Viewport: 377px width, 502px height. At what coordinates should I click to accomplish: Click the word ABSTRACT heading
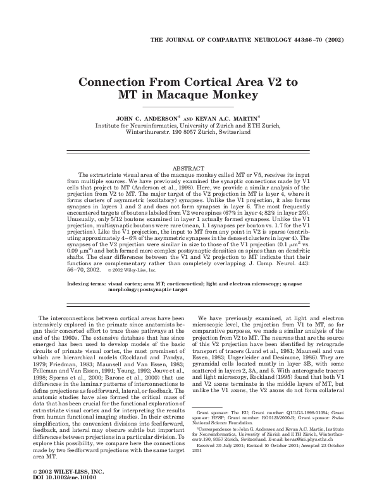[188, 167]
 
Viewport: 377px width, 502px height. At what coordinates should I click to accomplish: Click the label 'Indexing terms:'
[86, 284]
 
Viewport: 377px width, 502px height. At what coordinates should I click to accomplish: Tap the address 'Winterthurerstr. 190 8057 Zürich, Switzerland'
[188, 133]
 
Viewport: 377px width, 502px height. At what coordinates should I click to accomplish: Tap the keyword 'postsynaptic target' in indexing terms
[166, 290]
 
